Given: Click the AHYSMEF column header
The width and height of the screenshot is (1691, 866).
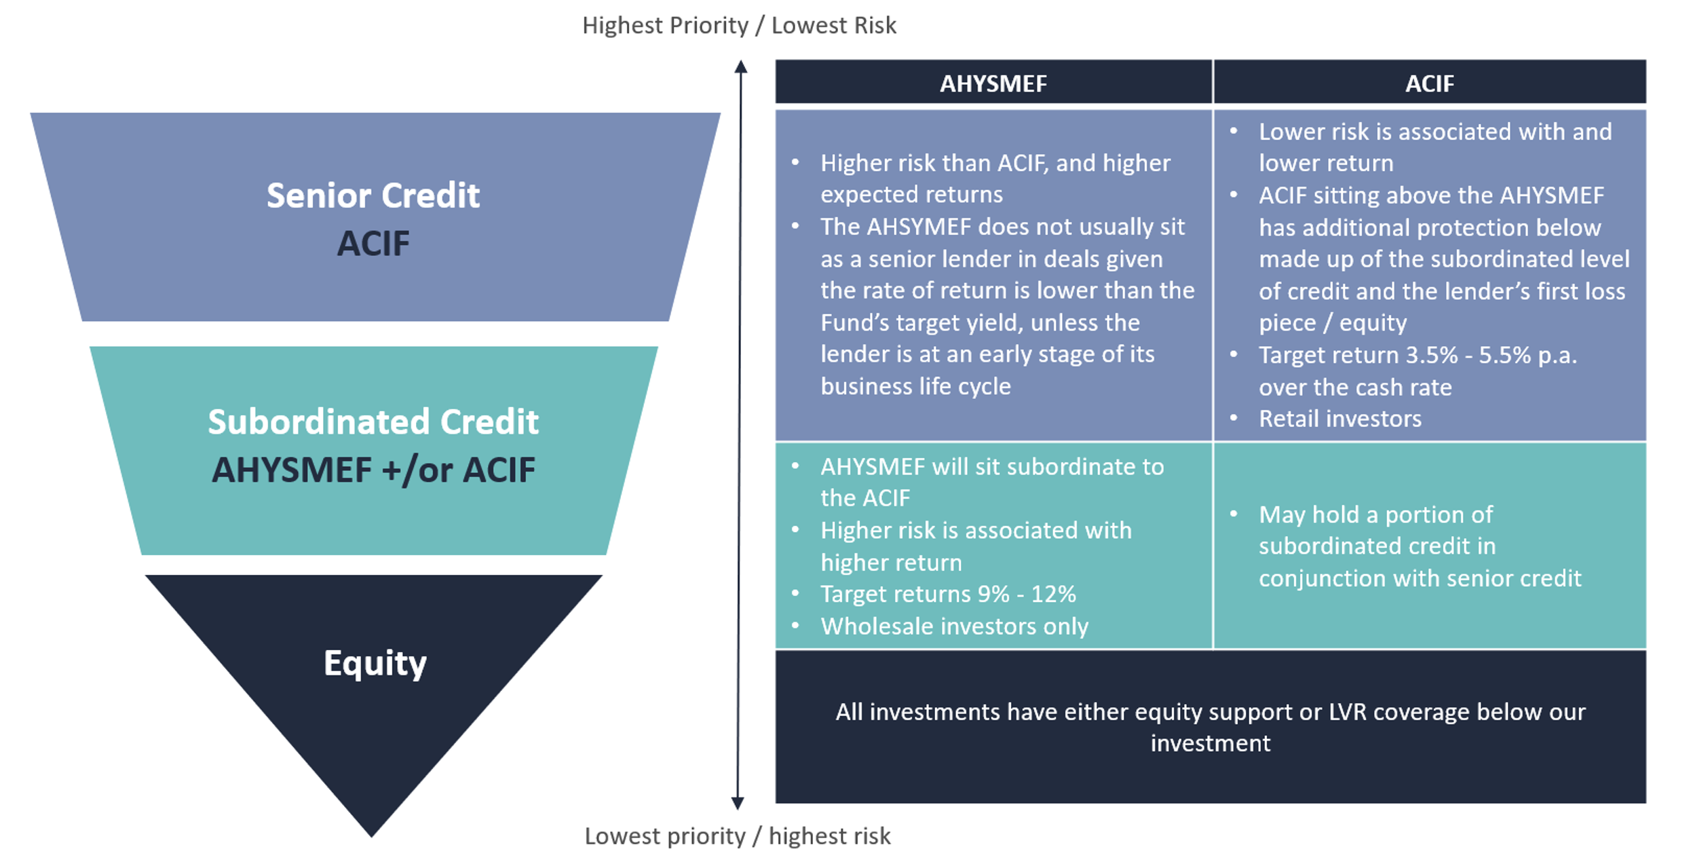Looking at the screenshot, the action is coord(993,83).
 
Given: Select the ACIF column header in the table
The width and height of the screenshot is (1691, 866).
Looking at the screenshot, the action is coord(1429,83).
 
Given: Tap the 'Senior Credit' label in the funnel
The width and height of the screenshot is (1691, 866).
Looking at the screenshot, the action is coord(373,195).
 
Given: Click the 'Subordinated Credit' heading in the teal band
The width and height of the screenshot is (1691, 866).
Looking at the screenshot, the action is coord(373,421).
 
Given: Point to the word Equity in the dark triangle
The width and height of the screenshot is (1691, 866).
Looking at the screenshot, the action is coord(375,663).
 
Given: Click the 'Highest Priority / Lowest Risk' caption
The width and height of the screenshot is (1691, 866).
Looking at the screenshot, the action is coord(739,26).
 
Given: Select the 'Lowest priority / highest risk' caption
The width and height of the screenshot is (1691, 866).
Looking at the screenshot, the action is coord(738,836).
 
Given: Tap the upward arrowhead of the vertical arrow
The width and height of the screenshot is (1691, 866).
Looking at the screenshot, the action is coord(741,66).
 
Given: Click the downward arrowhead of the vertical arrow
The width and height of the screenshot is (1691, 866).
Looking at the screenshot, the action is coord(738,804).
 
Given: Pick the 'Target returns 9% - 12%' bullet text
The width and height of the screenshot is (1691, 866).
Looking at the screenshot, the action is coord(948,594).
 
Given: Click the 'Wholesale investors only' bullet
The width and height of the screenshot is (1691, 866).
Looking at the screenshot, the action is coord(954,626).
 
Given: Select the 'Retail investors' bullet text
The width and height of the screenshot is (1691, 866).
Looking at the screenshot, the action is coord(1340,419).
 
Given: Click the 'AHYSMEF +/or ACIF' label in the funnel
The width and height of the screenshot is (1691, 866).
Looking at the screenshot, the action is coord(373,470).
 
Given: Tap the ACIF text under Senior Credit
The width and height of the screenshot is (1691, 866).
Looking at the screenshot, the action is coord(373,244).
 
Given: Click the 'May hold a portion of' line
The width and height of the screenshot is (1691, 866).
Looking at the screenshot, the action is coord(1375,514).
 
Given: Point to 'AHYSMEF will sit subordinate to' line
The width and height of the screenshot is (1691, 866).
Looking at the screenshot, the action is coord(992,467).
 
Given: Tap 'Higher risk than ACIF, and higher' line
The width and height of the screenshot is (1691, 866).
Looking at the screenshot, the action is coord(995,163).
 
